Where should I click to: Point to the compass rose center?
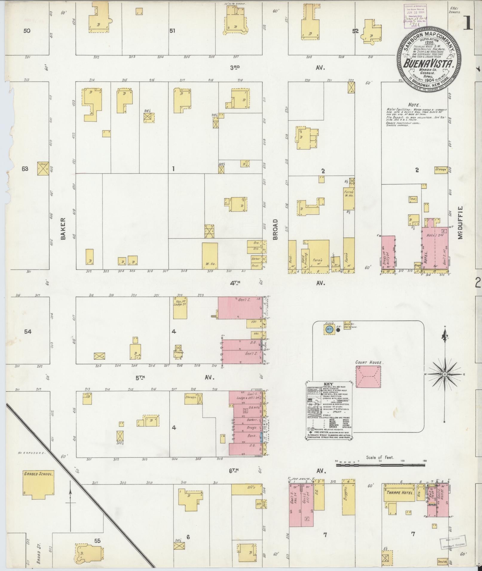coord(445,374)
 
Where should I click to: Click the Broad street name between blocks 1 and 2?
coord(275,230)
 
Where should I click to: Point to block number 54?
coord(28,332)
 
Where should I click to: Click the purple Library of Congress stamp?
coord(415,16)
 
